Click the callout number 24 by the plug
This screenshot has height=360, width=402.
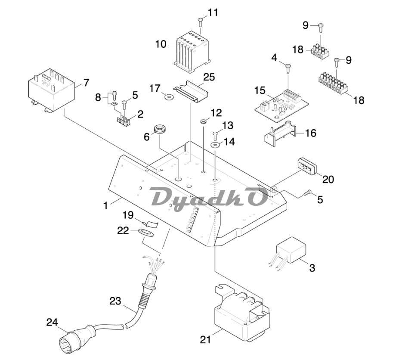pyautogui.click(x=52, y=322)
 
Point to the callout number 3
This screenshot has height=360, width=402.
pyautogui.click(x=312, y=267)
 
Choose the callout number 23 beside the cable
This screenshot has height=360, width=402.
pyautogui.click(x=114, y=301)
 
